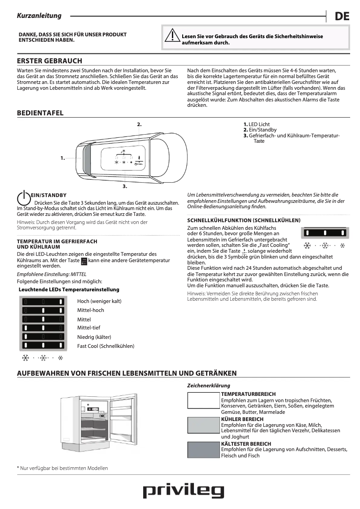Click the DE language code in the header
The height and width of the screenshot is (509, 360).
[x=342, y=17]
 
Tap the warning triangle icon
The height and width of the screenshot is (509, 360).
[x=171, y=35]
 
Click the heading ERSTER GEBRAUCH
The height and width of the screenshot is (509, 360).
[x=49, y=61]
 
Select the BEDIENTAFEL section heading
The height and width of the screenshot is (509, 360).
[x=40, y=113]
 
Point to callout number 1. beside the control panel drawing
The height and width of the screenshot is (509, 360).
[x=63, y=158]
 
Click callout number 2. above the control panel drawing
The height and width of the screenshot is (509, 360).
[x=139, y=124]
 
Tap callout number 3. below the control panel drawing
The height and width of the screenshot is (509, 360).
[x=125, y=185]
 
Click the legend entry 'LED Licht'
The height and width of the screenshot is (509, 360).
[x=259, y=124]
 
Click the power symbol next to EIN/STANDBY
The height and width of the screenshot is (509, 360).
[x=23, y=198]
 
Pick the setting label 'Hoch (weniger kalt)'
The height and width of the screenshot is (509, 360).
[x=99, y=301]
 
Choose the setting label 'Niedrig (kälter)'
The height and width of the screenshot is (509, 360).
[x=94, y=337]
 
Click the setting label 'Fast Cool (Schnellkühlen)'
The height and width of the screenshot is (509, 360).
[x=105, y=346]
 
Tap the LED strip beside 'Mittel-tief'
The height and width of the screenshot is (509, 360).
[x=43, y=328]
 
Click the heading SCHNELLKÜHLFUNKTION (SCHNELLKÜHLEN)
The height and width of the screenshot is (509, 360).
[x=244, y=220]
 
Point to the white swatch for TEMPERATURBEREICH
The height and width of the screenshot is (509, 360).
[x=203, y=400]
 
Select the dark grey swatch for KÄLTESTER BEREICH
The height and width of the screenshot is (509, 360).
[x=203, y=450]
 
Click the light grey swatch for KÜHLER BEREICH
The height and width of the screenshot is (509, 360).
[x=203, y=425]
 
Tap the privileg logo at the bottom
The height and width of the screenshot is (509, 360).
[x=183, y=491]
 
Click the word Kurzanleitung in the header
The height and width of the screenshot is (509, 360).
[x=39, y=16]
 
